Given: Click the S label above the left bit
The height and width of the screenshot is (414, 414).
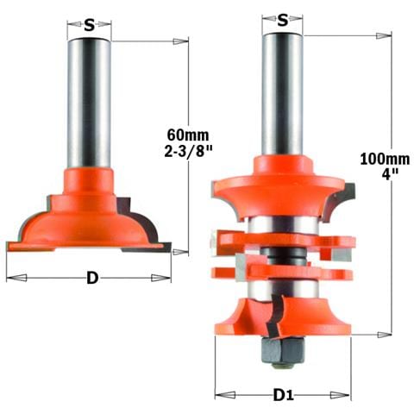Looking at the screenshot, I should coord(89,24).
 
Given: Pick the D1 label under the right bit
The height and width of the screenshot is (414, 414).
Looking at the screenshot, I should coord(283,395).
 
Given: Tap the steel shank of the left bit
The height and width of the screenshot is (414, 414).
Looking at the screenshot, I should coord(89,103).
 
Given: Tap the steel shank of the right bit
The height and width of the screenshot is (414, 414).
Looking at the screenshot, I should coord(284,95).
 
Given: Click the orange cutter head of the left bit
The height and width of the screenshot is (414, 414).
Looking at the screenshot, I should coord(90,216).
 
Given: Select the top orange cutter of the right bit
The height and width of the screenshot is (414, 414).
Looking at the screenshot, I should coord(283,185).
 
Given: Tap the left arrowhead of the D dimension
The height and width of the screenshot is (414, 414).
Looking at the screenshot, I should coord(10,279).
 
